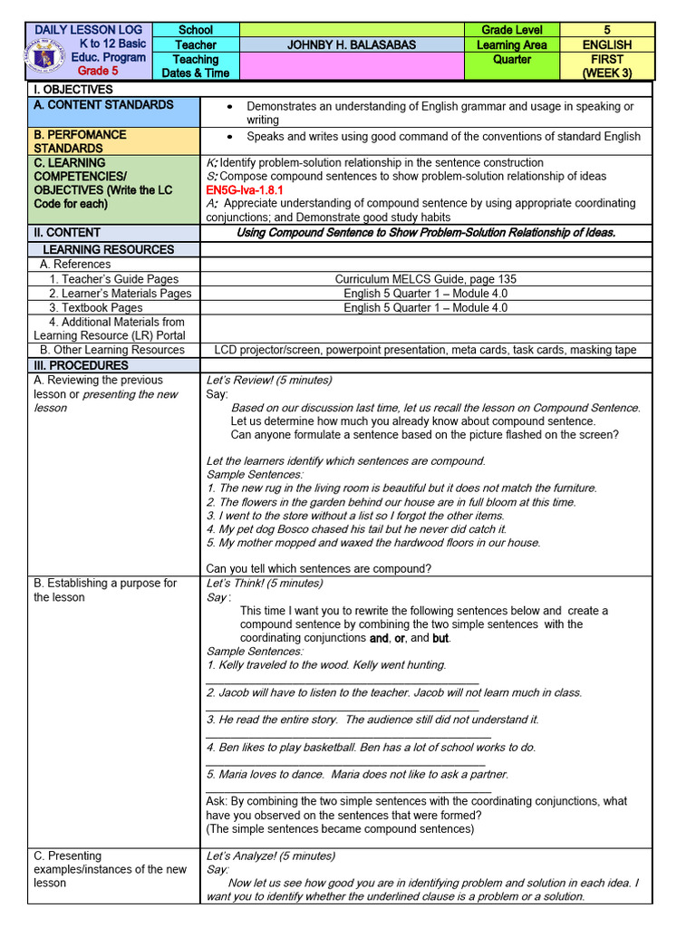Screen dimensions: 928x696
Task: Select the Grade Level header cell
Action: [511, 30]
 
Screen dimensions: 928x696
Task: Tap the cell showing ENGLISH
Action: [606, 44]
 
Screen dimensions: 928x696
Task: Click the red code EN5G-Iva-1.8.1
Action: [245, 190]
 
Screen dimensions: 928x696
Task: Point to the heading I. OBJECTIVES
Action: [73, 90]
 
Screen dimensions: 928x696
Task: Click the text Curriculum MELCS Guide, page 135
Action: [425, 279]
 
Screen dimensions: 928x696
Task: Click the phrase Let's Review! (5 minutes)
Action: [269, 381]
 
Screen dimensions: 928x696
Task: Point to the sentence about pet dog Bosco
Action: [356, 529]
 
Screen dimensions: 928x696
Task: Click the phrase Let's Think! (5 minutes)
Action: [265, 584]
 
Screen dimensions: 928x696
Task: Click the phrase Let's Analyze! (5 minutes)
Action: [271, 856]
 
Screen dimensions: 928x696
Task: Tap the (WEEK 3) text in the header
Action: [606, 72]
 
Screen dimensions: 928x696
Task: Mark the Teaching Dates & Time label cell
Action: [196, 65]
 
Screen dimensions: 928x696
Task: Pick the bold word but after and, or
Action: [440, 638]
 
